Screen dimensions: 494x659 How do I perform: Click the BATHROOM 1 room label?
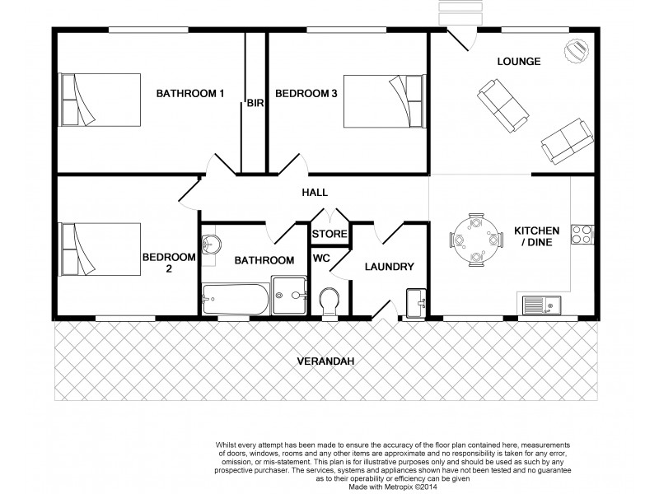190,94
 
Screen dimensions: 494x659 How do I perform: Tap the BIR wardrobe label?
255,105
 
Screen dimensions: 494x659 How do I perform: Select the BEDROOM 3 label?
306,94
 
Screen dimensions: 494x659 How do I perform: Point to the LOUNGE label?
519,62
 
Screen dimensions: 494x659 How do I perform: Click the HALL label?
315,193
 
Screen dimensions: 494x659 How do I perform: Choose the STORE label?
329,235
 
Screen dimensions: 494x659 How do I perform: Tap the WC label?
321,258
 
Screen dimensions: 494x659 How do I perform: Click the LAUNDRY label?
388,267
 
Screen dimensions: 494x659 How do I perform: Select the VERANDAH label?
323,361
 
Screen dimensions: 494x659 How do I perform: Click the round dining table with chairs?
475,240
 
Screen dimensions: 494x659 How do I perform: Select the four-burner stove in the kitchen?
582,234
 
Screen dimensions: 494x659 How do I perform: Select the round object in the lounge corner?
576,51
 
